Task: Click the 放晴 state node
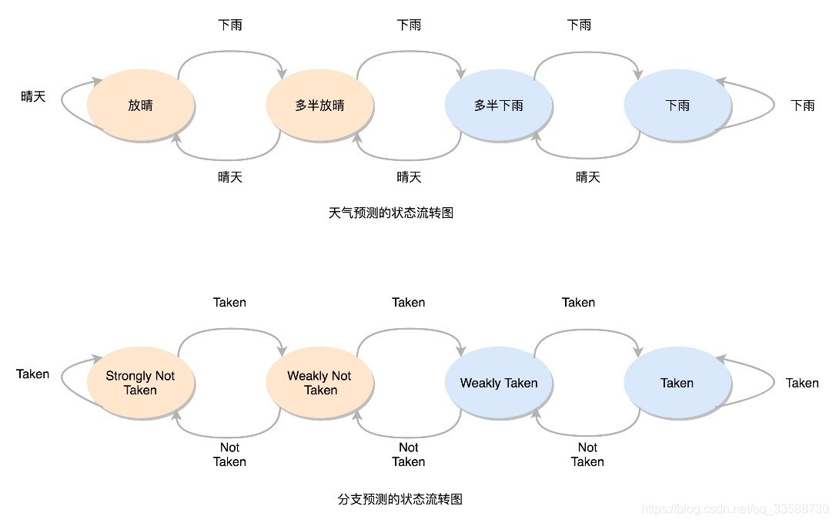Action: coord(140,106)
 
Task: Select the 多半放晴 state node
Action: coord(319,106)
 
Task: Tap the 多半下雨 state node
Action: coord(499,106)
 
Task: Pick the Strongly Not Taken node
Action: coord(140,383)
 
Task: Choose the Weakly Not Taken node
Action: coord(319,383)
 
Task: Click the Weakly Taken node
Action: coord(499,383)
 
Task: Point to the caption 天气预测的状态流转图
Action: coord(391,213)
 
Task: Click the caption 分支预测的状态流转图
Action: coord(400,499)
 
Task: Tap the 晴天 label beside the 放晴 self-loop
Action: coord(33,96)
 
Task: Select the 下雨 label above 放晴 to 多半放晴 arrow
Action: coord(230,25)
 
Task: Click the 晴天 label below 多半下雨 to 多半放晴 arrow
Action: coord(409,177)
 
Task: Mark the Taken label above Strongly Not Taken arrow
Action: coord(229,302)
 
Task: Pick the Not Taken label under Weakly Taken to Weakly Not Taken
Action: coord(409,454)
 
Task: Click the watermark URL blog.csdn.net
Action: coord(734,510)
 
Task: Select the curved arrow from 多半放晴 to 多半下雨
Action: coord(409,52)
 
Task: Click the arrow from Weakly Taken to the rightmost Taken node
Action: coord(587,330)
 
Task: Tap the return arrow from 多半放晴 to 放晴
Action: coord(229,158)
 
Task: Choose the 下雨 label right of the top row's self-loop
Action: coord(803,106)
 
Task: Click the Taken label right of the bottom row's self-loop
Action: coord(802,383)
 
